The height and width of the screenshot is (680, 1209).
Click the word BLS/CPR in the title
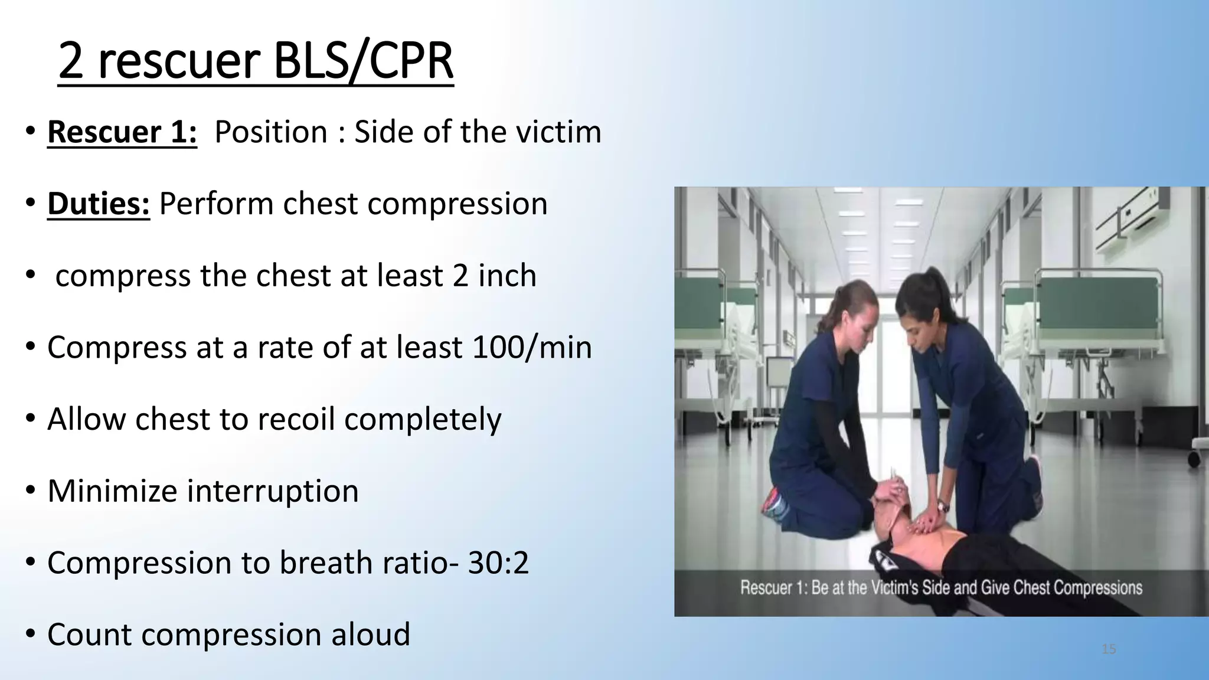[x=364, y=61]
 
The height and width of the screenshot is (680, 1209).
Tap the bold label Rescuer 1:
[x=122, y=132]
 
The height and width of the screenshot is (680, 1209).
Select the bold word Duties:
[x=99, y=204]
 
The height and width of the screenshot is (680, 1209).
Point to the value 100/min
[x=532, y=347]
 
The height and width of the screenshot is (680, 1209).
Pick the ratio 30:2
[x=498, y=563]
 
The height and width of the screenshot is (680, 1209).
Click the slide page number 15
[x=1109, y=649]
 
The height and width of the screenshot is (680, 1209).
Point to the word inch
[x=507, y=276]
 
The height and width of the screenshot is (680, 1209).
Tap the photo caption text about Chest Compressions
[x=941, y=588]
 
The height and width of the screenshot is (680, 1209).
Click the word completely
[x=423, y=419]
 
